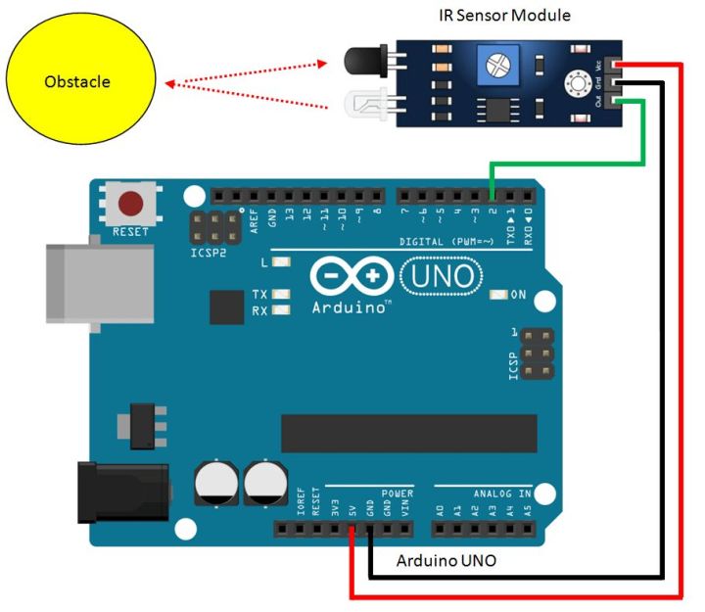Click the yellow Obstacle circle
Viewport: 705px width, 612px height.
click(x=80, y=82)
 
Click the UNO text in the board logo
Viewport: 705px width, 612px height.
click(x=442, y=277)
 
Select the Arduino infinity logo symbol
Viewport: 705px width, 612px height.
click(x=352, y=278)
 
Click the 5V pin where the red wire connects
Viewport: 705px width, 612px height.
click(x=353, y=530)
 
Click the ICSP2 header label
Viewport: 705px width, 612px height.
click(x=208, y=252)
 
